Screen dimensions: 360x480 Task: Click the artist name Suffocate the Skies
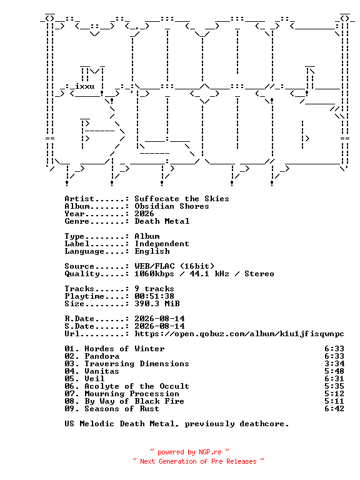coord(182,199)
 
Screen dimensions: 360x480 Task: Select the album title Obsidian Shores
coord(172,206)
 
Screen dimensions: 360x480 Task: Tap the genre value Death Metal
coord(162,221)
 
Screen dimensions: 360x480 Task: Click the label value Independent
coord(162,244)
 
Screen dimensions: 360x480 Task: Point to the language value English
coord(152,251)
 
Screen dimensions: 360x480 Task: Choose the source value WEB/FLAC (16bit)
coord(174,266)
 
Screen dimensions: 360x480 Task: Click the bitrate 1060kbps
coord(154,274)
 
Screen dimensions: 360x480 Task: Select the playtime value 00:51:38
coord(154,296)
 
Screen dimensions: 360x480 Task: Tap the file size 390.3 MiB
coord(157,304)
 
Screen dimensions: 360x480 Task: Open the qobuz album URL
coord(239,334)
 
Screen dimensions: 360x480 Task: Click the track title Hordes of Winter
coord(124,349)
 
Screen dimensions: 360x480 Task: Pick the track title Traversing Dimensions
coord(137,364)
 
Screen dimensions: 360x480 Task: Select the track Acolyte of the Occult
coord(137,386)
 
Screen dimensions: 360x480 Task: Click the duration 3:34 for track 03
coord(334,364)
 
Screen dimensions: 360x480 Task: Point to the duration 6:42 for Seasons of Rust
coord(334,409)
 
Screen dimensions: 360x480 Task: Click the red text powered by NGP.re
coord(189,452)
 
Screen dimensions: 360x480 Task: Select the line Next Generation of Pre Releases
coord(198,461)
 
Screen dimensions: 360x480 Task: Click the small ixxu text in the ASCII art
coord(85,86)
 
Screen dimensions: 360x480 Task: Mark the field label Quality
coord(82,274)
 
